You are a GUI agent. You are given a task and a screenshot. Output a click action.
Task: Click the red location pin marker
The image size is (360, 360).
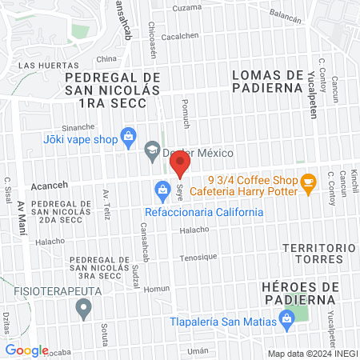point(179,165)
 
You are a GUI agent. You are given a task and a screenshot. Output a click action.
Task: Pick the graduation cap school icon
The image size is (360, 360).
point(151,150)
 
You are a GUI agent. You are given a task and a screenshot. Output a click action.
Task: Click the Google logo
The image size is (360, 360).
point(27,350)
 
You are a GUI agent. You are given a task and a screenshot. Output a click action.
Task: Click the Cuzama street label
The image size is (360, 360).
point(187,7)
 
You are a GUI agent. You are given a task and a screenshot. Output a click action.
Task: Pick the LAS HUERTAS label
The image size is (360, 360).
point(48,65)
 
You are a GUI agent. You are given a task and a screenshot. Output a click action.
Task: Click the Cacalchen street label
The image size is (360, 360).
point(181,37)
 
